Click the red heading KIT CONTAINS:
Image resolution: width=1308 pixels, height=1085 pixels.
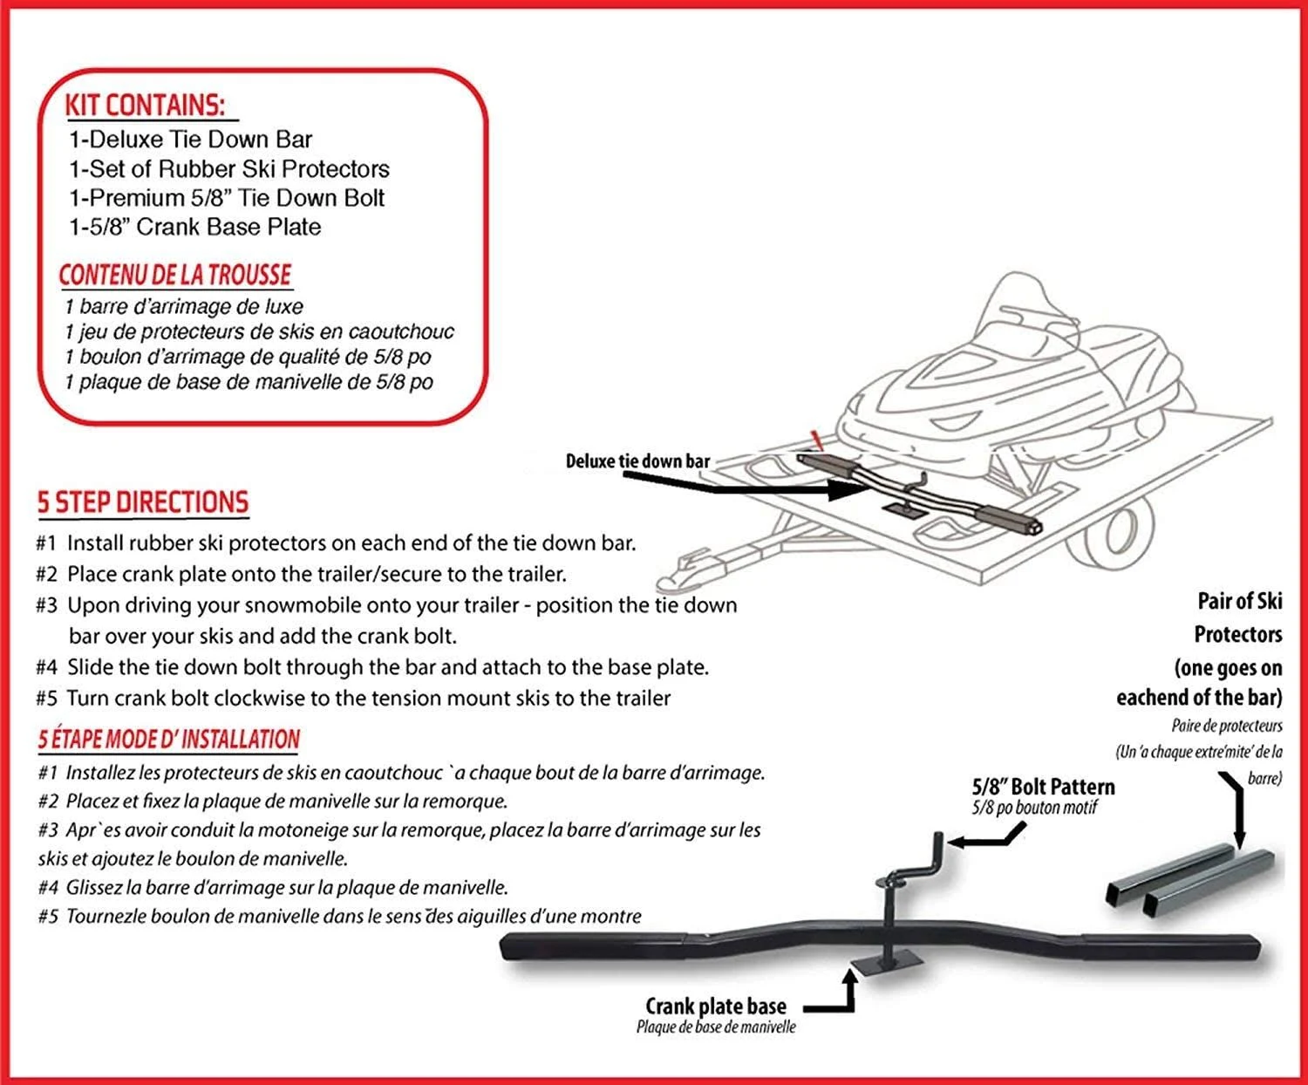[145, 106]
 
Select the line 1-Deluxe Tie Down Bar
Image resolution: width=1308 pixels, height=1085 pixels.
[190, 140]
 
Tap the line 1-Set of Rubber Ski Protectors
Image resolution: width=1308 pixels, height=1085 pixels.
[229, 169]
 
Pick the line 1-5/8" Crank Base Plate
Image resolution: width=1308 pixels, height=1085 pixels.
[195, 227]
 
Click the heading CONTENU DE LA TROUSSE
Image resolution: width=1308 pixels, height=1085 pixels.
[174, 275]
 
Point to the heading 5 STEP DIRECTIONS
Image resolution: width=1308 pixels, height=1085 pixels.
[143, 502]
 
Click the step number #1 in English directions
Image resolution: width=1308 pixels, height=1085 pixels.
[46, 543]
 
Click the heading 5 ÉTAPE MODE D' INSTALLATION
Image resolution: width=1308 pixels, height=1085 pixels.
[168, 740]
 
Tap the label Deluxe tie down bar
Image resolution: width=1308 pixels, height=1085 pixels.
[637, 461]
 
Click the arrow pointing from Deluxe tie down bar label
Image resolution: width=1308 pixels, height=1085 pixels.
[785, 487]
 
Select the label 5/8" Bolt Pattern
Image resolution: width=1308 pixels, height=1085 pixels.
[1043, 787]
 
